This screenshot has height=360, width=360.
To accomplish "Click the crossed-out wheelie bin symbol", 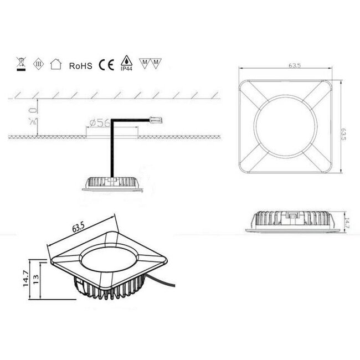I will coord(20,65).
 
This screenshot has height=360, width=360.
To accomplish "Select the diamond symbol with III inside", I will coord(38,65).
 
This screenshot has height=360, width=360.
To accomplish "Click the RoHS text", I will coord(80,65).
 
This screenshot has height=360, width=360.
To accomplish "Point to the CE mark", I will coord(106,65).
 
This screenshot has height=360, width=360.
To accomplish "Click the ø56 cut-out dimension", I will coord(98,124).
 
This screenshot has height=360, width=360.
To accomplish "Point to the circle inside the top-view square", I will coord(285,126).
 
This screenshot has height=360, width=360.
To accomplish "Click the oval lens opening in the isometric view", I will coord(109,261).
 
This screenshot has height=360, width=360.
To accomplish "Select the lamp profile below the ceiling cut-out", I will coord(112,182).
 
